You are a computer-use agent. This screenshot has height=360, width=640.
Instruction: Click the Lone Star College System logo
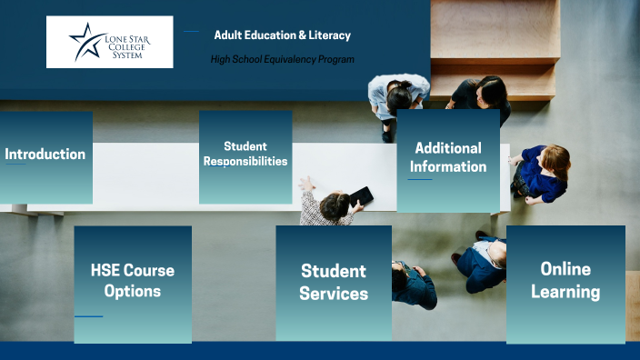109,42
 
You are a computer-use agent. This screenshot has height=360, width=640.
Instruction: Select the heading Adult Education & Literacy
282,35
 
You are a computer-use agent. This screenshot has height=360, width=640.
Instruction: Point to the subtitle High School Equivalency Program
282,59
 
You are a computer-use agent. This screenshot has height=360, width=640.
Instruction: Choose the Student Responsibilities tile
245,156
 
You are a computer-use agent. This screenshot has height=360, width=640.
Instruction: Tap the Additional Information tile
447,159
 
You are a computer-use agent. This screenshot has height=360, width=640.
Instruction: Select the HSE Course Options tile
132,282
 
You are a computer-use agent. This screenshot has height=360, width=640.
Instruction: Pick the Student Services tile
334,283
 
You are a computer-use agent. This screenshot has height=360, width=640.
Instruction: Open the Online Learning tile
565,281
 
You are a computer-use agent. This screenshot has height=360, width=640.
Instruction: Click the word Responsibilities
245,162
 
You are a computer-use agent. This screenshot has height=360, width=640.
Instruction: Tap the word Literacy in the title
330,35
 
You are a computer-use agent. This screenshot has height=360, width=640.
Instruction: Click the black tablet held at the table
361,195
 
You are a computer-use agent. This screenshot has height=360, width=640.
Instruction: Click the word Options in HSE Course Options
132,292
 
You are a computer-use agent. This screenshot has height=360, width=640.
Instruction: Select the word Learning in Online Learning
565,292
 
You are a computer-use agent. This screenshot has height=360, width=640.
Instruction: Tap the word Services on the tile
334,294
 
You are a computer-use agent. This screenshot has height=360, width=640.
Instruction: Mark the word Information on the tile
448,167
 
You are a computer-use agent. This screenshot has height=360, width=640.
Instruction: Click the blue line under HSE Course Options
88,316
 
